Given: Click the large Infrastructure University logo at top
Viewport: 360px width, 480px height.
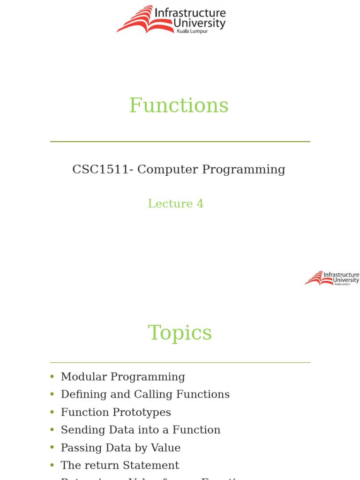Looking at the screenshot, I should pos(171,20).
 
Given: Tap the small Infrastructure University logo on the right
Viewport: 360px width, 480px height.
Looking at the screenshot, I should pos(332,278).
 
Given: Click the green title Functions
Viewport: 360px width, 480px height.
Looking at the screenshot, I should pos(179,105).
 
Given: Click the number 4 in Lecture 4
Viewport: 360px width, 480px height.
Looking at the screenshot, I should pos(200,204).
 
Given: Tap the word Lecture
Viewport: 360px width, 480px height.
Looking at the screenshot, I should pos(170,204).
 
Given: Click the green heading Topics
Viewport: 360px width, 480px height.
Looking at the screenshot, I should pos(180,333).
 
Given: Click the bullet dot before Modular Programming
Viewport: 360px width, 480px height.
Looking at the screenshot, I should pos(52,377).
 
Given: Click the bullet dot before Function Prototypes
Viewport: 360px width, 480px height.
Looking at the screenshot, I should pos(52,412).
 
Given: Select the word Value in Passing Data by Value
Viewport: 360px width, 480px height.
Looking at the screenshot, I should pos(165,448).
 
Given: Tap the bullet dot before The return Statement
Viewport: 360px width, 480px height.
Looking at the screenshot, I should pos(52,465).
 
